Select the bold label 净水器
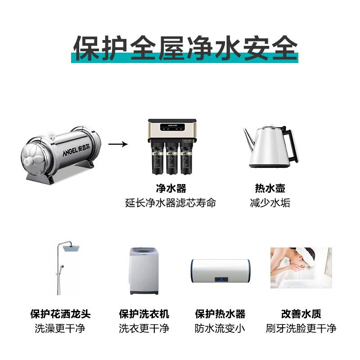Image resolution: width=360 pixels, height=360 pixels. [x=171, y=188]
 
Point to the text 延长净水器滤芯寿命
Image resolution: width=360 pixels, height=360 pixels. [x=171, y=203]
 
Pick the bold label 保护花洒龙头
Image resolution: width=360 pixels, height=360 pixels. [x=60, y=314]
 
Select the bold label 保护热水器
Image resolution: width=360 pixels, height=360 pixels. [x=220, y=314]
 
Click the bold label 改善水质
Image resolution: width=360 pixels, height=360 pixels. [x=301, y=314]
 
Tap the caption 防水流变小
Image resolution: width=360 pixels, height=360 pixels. [x=220, y=328]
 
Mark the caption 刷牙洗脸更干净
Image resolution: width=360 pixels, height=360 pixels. [x=301, y=328]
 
